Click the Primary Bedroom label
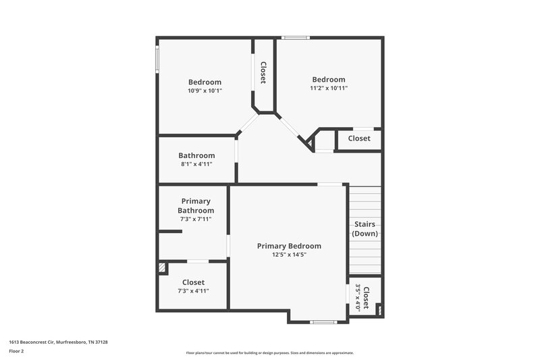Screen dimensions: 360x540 point(289,246)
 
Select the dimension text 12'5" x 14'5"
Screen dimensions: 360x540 point(289,255)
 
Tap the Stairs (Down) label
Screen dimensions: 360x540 point(364,228)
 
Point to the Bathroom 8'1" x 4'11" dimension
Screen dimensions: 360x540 point(196,164)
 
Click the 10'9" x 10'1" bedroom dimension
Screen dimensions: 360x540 point(205,91)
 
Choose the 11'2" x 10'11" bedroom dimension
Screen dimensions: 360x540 point(329,88)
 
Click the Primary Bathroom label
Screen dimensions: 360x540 point(196,205)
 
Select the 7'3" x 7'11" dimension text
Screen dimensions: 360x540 point(196,219)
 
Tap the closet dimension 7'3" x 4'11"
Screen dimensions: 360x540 point(193,291)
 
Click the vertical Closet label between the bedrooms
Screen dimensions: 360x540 point(263,73)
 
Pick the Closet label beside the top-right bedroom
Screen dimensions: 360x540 point(359,138)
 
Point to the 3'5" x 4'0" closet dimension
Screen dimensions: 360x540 point(358,297)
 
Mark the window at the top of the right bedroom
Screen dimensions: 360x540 point(295,37)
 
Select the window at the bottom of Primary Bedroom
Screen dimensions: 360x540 point(323,322)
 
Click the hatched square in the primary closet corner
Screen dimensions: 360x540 point(162,268)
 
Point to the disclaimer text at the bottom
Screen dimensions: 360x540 point(270,353)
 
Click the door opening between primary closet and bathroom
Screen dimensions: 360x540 point(197,261)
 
